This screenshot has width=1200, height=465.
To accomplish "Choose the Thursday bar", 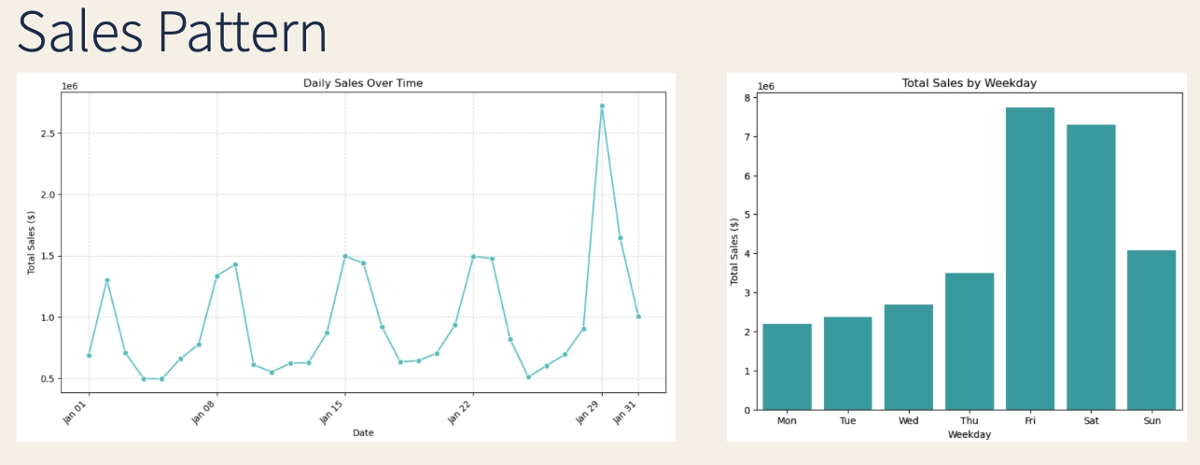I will coord(969,341).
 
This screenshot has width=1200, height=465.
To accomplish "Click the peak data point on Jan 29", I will coord(602,106).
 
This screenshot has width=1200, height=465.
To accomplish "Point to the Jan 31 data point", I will coord(638,317).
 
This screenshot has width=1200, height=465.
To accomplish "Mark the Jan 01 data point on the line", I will coord(89,356).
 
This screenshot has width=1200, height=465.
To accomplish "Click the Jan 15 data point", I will coord(345,256).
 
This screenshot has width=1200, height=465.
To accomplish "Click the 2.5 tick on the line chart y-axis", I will coord(48,134).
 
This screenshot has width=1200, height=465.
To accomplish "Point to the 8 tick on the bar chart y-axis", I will coord(747,98).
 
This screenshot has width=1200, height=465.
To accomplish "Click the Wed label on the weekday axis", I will coord(908,420).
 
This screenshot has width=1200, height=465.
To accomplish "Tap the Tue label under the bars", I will coord(847,420).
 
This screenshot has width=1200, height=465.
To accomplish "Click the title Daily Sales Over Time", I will coord(363,83).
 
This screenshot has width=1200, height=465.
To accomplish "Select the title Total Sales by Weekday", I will coord(970,83).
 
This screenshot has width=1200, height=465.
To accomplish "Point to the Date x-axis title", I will coord(363,432).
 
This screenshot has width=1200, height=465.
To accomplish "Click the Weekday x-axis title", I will coord(969,434).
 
